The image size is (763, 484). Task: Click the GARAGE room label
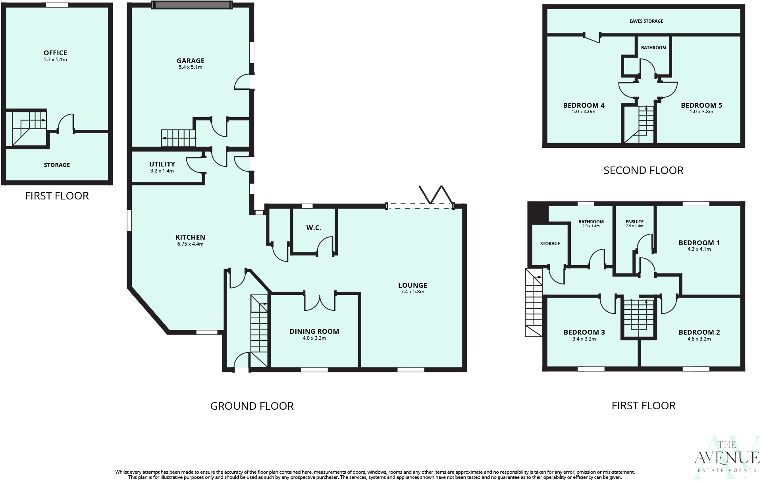point(191,61)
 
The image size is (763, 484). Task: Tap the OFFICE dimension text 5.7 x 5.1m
point(55,60)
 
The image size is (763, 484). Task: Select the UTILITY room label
point(162,164)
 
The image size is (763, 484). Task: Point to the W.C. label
point(314,228)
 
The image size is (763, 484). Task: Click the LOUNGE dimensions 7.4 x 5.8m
point(412,292)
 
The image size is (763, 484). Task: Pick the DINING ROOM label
point(314,331)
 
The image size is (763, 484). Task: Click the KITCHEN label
point(190,237)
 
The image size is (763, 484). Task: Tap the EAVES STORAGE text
point(646,21)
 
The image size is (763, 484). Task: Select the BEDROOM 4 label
point(584,105)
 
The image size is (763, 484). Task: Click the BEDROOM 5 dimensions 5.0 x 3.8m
point(701,112)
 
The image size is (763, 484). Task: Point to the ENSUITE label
point(634,222)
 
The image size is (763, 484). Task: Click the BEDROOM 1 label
point(699,243)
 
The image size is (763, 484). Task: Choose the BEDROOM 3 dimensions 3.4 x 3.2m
point(584,339)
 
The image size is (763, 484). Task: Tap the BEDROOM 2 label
point(699,332)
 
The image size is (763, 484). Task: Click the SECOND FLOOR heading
point(643,170)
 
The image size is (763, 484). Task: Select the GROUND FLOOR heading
point(252,406)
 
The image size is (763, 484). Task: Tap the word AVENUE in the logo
point(726,458)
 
